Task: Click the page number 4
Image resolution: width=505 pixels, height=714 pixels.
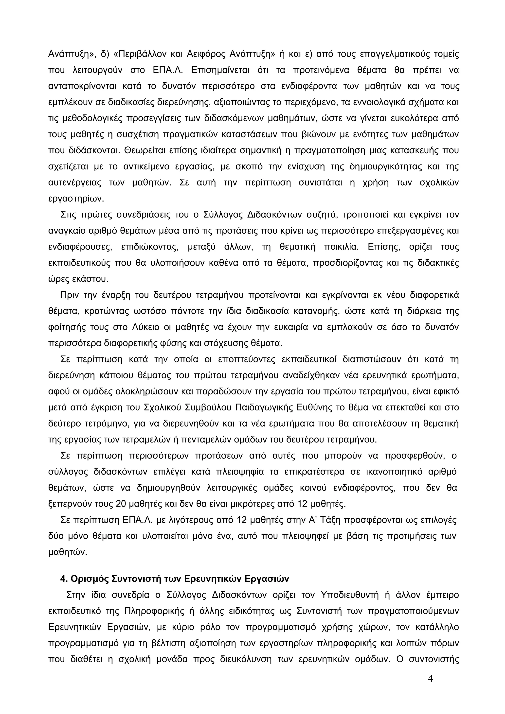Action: click(x=430, y=679)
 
